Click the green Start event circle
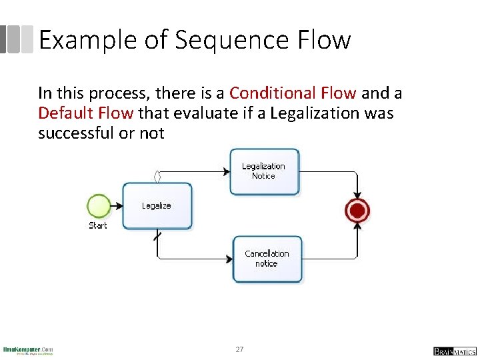pos(99,206)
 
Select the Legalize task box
pos(157,206)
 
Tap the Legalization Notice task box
pos(264,171)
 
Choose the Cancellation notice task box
pos(267,259)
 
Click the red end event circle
pos(357,211)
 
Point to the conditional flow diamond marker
pos(157,177)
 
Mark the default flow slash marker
pos(157,236)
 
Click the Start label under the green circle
pos(98,226)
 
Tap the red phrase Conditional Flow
pos(293,93)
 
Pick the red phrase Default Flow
pos(86,113)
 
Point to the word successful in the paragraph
pos(76,133)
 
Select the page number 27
pos(240,350)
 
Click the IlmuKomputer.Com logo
pos(28,350)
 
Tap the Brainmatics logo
pos(454,351)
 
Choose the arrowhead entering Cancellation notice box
pos(229,259)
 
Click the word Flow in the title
pos(325,40)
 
